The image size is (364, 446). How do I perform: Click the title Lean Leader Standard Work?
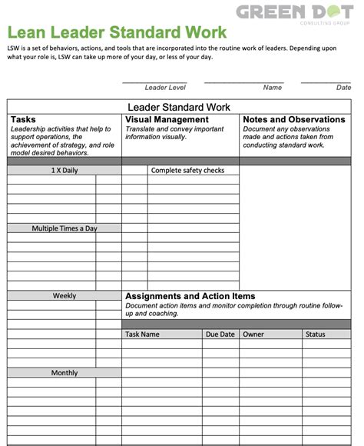click(x=117, y=32)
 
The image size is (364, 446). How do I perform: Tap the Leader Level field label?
click(x=165, y=88)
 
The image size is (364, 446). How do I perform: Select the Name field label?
click(x=273, y=88)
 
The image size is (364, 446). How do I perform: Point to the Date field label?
click(x=343, y=88)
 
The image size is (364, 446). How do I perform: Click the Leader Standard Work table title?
click(x=178, y=107)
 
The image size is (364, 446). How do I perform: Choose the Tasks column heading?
click(x=24, y=120)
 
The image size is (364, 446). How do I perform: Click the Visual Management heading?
click(x=167, y=120)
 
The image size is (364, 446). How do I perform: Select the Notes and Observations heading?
click(x=294, y=120)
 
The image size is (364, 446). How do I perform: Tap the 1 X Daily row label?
click(x=65, y=171)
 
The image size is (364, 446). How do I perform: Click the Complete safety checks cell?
click(x=187, y=171)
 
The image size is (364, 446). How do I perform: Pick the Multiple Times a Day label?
click(x=65, y=228)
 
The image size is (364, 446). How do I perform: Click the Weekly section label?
click(x=65, y=296)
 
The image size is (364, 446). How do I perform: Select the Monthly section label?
click(x=65, y=373)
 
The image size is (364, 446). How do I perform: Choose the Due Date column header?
click(x=220, y=334)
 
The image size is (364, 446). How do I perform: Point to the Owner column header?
click(x=253, y=334)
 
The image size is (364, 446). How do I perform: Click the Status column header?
click(x=316, y=334)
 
